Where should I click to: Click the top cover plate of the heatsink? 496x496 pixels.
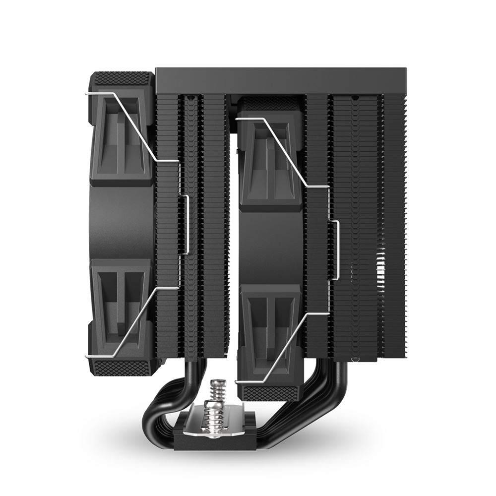[270, 80]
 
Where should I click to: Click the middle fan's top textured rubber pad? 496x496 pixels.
[270, 103]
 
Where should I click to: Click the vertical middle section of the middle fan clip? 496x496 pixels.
[338, 250]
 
